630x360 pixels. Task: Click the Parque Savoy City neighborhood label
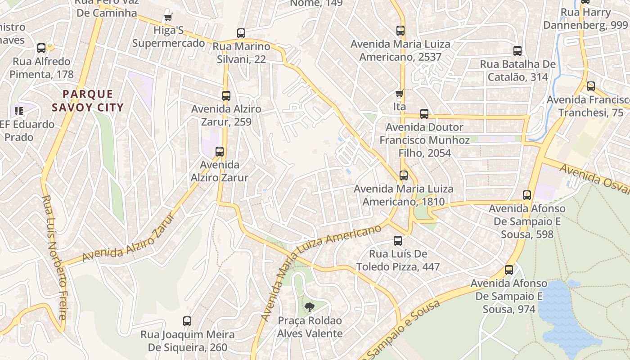coord(87,101)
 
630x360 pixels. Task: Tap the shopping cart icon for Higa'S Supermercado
coord(168,18)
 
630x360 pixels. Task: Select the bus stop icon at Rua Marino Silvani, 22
coord(241,33)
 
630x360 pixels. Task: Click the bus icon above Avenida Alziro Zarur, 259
coord(226,95)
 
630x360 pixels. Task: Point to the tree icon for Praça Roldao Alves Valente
coord(309,307)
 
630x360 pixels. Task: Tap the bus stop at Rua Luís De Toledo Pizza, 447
coord(398,241)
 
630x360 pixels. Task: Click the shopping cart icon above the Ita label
coord(399,94)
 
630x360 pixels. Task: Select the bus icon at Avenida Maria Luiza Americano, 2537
coord(400,31)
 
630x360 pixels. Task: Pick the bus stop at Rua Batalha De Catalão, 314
coord(517,51)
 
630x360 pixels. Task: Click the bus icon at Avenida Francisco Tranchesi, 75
coord(591,86)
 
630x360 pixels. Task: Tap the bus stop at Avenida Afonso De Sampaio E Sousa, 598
coord(527,195)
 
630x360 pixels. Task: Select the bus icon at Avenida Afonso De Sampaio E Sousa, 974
coord(509,270)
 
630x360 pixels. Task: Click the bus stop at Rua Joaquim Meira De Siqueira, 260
coord(187,321)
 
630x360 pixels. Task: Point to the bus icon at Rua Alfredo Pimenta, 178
coord(41,48)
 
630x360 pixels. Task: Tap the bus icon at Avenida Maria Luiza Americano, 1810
coord(404,175)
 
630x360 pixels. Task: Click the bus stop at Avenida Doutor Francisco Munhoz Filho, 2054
coord(424,114)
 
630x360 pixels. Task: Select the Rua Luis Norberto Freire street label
coord(55,257)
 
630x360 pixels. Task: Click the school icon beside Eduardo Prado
coord(18,111)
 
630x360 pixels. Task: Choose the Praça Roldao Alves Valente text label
coord(310,327)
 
